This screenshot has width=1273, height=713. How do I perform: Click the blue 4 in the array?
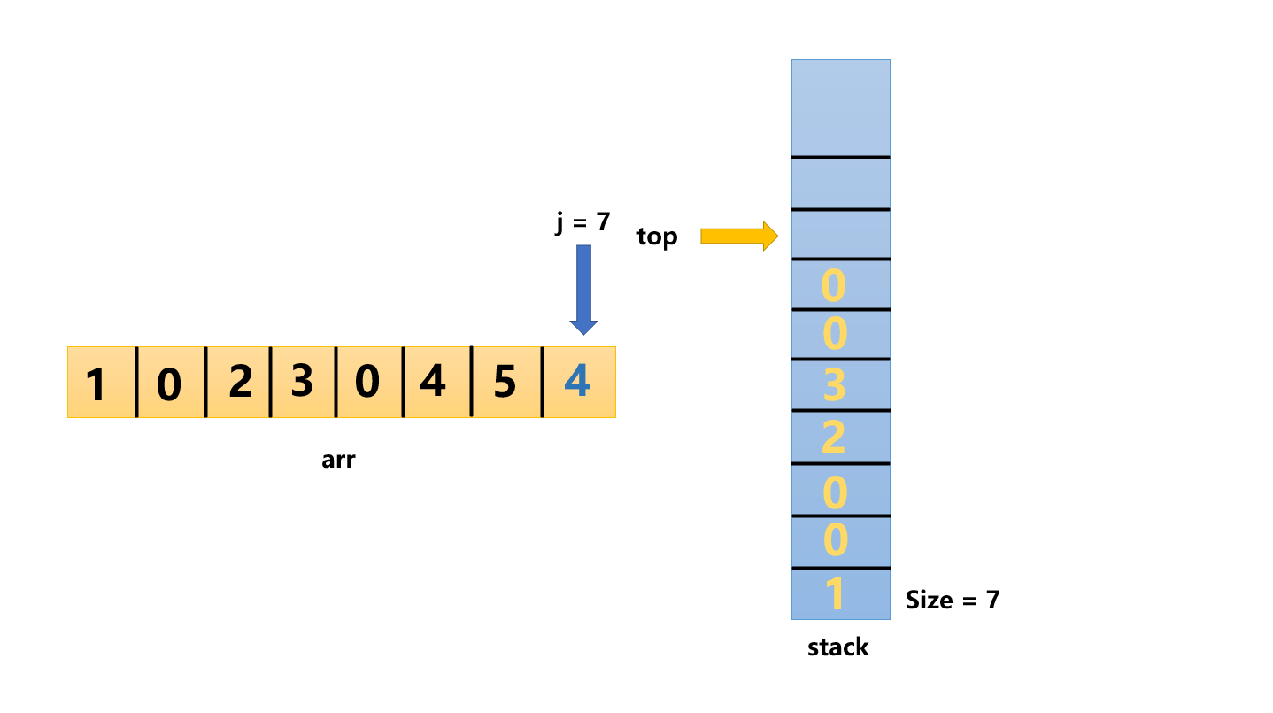[x=577, y=383]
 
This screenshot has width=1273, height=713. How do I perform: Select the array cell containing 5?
[x=505, y=383]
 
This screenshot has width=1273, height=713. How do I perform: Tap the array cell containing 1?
[x=98, y=384]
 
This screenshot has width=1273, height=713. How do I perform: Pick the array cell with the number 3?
[x=302, y=383]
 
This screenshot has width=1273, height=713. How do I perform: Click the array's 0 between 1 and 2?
[x=169, y=384]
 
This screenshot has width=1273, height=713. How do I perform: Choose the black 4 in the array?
[x=433, y=383]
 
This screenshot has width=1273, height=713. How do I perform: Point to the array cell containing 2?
[x=239, y=383]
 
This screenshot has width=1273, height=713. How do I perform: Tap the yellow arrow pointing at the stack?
[x=738, y=236]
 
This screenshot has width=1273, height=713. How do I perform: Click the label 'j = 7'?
[x=582, y=221]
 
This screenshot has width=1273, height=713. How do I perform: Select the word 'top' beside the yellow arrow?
[x=657, y=236]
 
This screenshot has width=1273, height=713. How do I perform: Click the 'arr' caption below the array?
[x=338, y=460]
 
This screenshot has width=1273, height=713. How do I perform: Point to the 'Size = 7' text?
[x=953, y=600]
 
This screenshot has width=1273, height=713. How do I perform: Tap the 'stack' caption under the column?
[x=837, y=647]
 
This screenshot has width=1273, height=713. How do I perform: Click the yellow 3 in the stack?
[x=834, y=386]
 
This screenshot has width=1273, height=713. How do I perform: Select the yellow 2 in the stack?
[x=834, y=438]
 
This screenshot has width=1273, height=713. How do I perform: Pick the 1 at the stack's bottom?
[x=834, y=594]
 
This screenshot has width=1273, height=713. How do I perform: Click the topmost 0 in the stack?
[x=834, y=285]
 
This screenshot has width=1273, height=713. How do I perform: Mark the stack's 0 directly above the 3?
[x=834, y=335]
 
